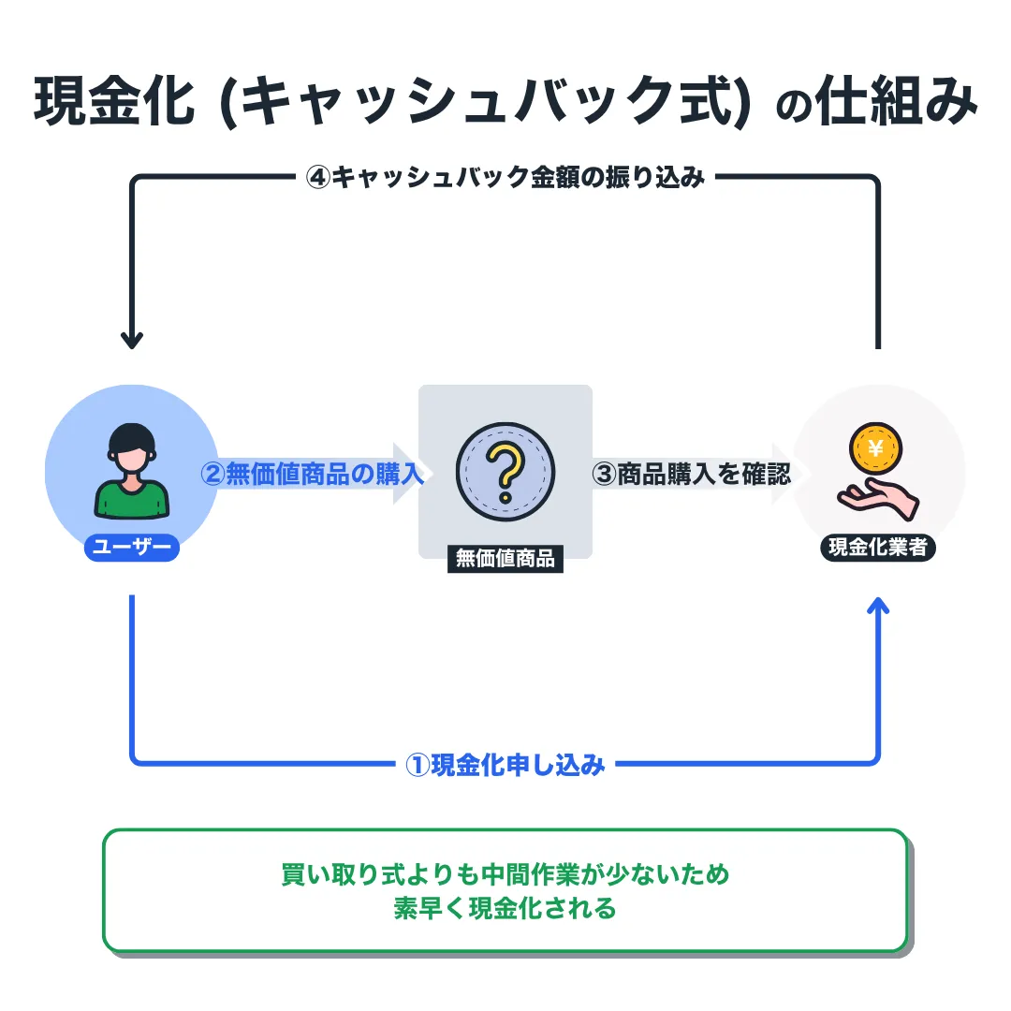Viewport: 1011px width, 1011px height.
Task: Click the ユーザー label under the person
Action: (131, 548)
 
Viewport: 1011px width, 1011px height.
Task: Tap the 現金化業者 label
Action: (878, 548)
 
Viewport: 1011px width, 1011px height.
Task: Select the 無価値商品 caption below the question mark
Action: (505, 560)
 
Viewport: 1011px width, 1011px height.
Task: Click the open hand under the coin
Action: (877, 496)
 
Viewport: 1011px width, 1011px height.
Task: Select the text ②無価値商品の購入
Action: (313, 474)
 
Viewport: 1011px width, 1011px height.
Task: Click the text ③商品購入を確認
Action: (692, 474)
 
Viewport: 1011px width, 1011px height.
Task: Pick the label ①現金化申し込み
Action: (505, 765)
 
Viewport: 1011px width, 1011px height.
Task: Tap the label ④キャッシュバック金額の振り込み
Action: (505, 177)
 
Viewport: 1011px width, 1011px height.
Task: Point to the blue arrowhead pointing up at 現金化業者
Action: (878, 606)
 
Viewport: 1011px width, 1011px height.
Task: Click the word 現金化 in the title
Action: (103, 104)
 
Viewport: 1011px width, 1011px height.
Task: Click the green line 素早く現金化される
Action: (505, 908)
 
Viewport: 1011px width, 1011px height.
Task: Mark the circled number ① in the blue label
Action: (418, 765)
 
